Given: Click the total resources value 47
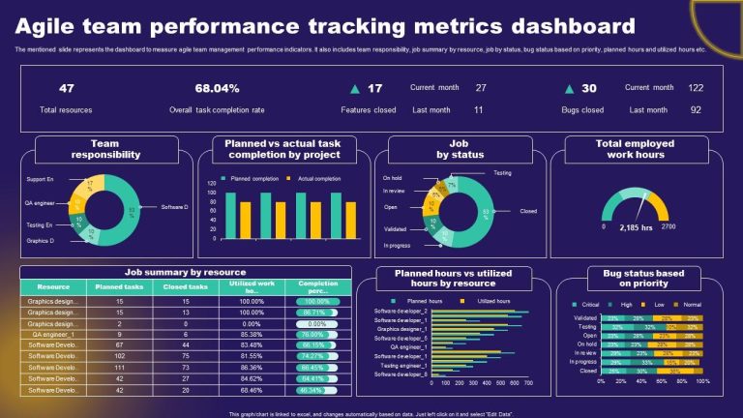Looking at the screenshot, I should (x=67, y=88).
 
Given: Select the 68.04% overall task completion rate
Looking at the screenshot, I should (x=217, y=88).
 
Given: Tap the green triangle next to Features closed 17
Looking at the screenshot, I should (x=353, y=88).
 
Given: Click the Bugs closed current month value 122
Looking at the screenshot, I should (x=695, y=87).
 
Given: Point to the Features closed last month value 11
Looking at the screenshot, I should (x=478, y=109).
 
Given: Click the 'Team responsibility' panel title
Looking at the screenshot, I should (x=106, y=149).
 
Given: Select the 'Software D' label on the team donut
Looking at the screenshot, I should (x=175, y=206).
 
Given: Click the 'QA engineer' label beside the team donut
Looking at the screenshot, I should (x=41, y=203).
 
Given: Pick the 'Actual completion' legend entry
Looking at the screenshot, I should (x=318, y=178).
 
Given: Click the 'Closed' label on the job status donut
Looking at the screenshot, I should (x=528, y=210).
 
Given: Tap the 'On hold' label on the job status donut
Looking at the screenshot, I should (x=392, y=178).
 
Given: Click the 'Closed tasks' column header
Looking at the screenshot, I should (x=185, y=286).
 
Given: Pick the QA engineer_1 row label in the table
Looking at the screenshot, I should (x=53, y=335).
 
